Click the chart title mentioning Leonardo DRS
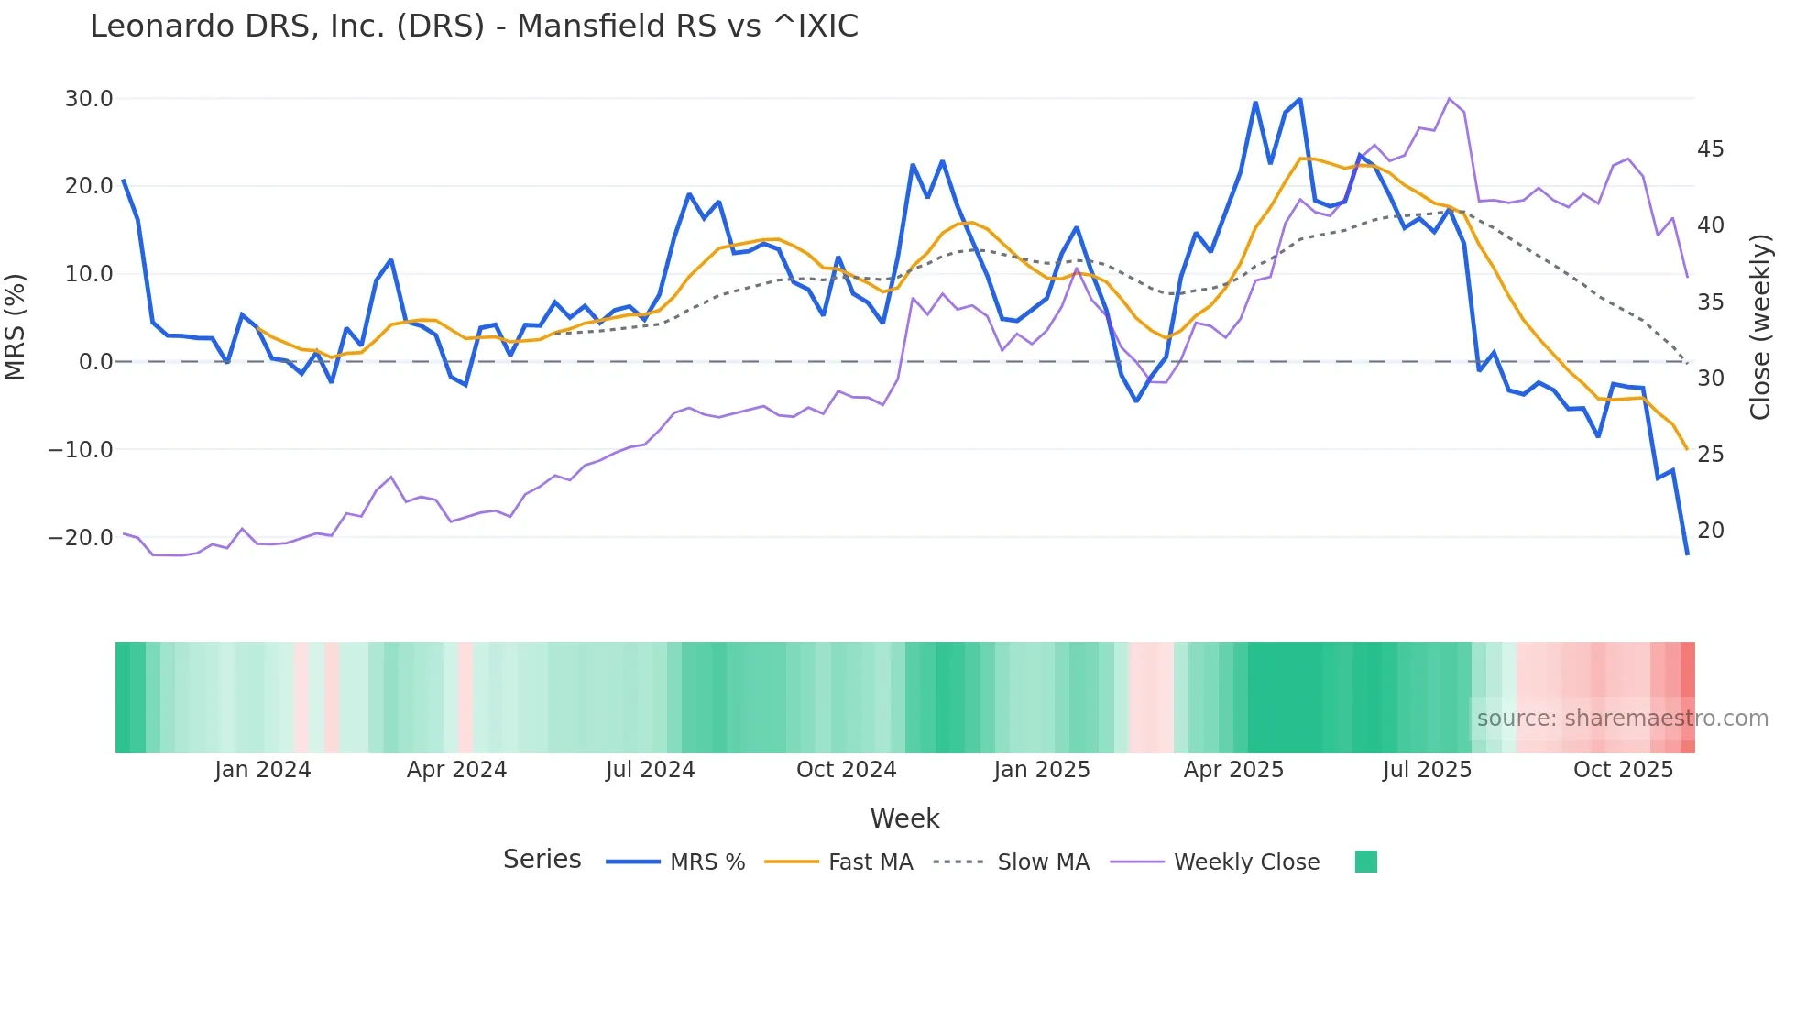pos(474,27)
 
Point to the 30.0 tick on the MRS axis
pos(89,98)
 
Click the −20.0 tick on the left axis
pos(81,537)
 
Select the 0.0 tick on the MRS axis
pos(95,361)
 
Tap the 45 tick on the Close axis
pos(1710,148)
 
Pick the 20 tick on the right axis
pos(1710,530)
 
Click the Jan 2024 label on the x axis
pos(262,769)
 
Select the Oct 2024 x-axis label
pos(846,769)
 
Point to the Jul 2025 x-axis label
pos(1426,769)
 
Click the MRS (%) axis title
pos(16,326)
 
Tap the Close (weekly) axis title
pos(1759,326)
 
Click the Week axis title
pos(904,818)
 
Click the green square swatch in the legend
pos(1365,862)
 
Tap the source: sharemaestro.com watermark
pos(1622,719)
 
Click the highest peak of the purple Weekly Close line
pos(1449,98)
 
